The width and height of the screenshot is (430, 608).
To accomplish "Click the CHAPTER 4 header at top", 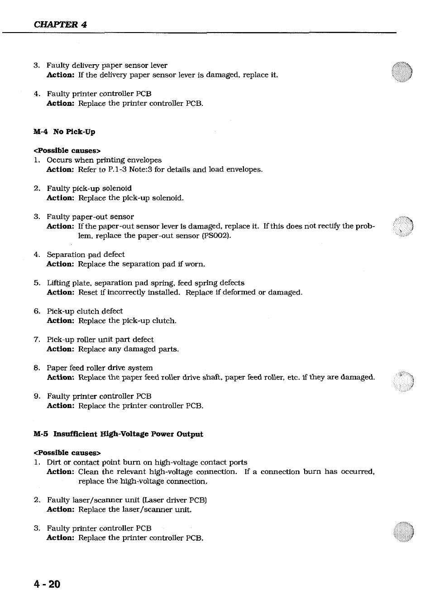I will tap(60, 24).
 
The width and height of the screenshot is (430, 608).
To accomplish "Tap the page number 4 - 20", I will tap(47, 584).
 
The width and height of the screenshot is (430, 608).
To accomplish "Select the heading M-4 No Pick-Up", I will tap(64, 132).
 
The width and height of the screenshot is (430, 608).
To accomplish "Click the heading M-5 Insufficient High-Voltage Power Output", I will tap(118, 434).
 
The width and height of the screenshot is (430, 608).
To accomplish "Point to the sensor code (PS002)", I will tap(216, 236).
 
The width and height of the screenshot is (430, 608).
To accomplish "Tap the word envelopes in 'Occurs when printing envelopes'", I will tap(144, 160).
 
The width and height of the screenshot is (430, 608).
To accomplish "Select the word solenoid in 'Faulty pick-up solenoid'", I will tap(117, 188).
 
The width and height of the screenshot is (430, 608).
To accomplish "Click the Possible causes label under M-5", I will tap(67, 453).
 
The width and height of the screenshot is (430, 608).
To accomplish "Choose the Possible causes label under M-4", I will tap(67, 151).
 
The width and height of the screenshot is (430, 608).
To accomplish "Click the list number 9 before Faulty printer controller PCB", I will tap(37, 396).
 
